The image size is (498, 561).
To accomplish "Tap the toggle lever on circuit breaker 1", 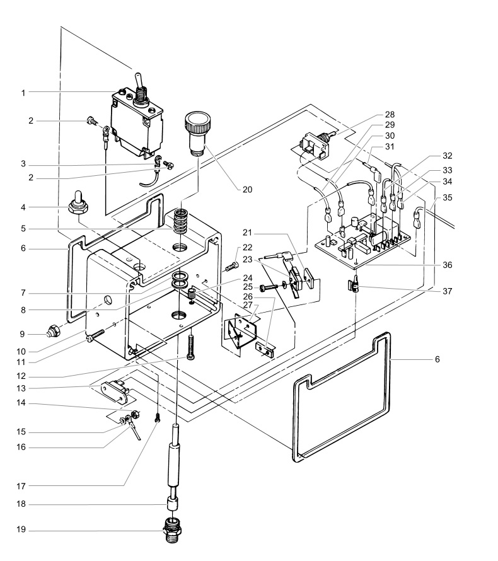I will [x=136, y=81].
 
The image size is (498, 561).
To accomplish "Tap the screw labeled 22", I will [x=230, y=265].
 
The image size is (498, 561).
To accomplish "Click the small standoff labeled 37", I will [x=356, y=287].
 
